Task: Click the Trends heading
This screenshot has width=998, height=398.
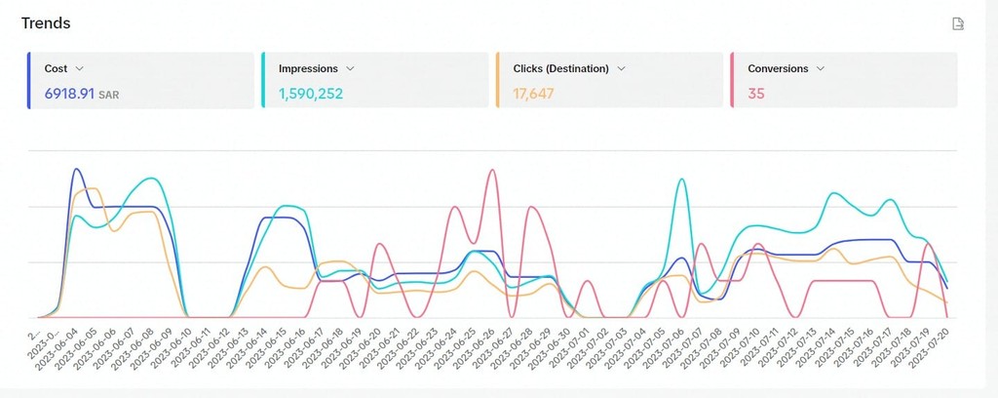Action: (x=46, y=22)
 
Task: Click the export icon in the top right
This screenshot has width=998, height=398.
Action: (x=958, y=23)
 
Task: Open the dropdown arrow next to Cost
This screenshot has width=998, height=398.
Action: (x=79, y=68)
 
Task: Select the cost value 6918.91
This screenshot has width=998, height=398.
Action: (x=69, y=94)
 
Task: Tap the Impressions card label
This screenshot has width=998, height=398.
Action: (x=308, y=68)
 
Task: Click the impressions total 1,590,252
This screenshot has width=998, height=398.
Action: (x=311, y=94)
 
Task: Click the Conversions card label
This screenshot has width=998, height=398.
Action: (x=778, y=68)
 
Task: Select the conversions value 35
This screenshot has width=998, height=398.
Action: (x=756, y=94)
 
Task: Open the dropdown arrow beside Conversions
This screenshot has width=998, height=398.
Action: (x=821, y=68)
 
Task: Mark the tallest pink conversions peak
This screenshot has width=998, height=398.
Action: (x=492, y=170)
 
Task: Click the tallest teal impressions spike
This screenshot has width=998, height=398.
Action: (x=681, y=179)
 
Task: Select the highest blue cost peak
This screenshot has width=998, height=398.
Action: (x=76, y=169)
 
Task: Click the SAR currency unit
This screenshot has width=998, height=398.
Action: (x=108, y=95)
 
